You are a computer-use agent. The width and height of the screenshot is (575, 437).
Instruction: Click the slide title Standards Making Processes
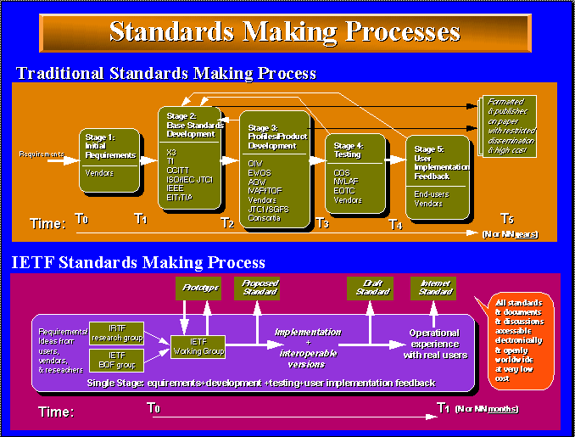(285, 31)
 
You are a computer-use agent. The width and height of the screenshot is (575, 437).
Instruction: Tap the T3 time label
(322, 223)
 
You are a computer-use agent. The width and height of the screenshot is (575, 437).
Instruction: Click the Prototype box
(198, 289)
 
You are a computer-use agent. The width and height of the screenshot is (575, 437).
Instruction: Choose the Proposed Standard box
(260, 288)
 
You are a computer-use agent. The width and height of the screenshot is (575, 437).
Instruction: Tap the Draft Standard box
(370, 288)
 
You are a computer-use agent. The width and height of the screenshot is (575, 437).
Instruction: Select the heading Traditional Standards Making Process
(166, 73)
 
